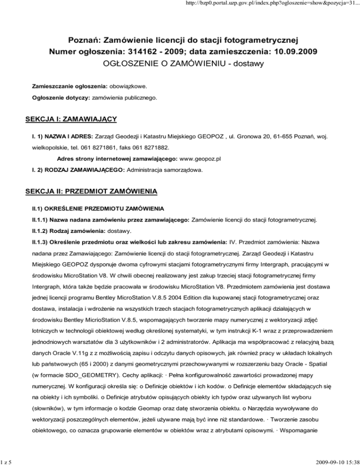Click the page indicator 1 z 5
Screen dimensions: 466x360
tap(6, 461)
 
